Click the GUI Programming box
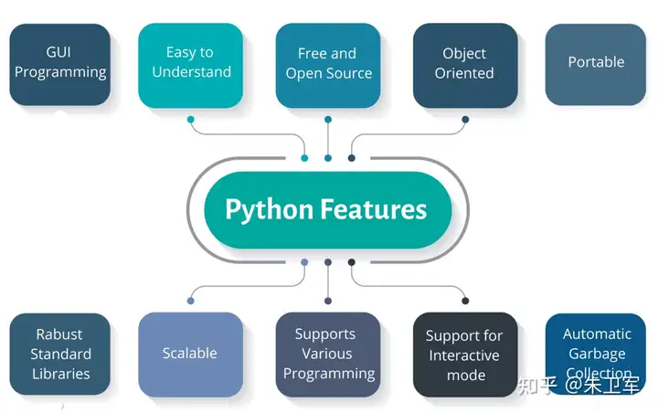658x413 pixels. point(59,63)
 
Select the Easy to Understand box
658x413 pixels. point(191,63)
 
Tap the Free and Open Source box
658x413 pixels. point(328,64)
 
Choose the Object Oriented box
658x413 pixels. point(464,64)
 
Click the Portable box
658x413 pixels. point(596,63)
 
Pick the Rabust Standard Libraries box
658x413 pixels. point(59,354)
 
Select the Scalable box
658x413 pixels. point(190,354)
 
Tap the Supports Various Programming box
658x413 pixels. point(328,354)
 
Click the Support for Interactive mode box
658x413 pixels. point(464,355)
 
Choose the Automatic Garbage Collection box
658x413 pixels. point(597,354)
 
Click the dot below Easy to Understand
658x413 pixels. point(190,119)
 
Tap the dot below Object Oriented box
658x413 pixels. point(465,119)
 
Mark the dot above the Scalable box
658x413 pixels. point(190,300)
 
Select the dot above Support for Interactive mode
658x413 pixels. point(465,300)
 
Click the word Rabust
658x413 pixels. point(59,334)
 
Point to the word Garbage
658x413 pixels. point(597,354)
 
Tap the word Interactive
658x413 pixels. point(464,355)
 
